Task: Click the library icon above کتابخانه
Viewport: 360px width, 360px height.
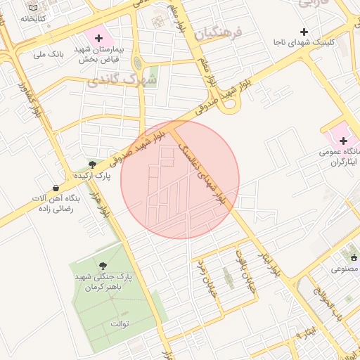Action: [33, 6]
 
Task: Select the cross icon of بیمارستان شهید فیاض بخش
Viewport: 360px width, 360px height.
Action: [98, 38]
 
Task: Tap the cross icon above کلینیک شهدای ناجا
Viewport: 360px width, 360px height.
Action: [304, 32]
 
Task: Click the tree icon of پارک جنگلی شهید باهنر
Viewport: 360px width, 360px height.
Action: [104, 266]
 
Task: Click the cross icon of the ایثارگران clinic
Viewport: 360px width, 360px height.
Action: [342, 141]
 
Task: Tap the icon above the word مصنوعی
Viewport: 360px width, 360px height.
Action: [353, 257]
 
